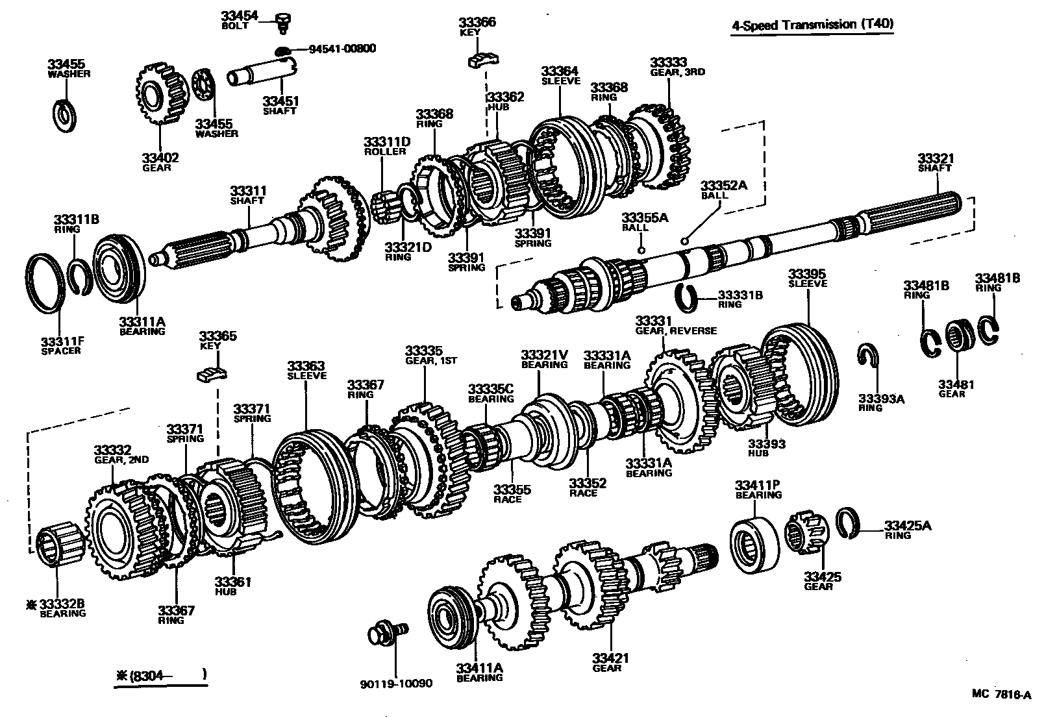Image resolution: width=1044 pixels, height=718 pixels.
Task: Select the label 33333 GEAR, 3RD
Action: point(677,67)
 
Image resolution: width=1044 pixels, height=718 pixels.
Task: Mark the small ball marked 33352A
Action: point(684,240)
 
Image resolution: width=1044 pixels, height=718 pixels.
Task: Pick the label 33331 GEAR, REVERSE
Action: point(675,325)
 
